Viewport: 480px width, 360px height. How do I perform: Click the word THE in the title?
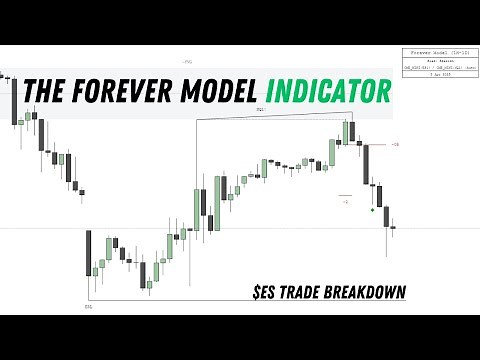tap(45, 92)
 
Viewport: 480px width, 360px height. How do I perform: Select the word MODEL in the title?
tap(217, 92)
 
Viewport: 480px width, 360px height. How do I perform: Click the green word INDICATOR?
tap(325, 92)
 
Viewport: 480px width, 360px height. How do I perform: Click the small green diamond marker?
tap(372, 210)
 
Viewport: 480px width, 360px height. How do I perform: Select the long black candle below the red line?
tap(367, 165)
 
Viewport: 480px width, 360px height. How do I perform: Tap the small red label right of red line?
tap(396, 145)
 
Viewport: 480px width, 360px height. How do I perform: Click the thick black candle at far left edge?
tap(15, 100)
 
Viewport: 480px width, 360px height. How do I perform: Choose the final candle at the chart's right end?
tap(393, 226)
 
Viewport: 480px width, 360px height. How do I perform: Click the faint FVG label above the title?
tap(186, 62)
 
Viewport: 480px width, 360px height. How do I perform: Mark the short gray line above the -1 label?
tap(345, 194)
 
